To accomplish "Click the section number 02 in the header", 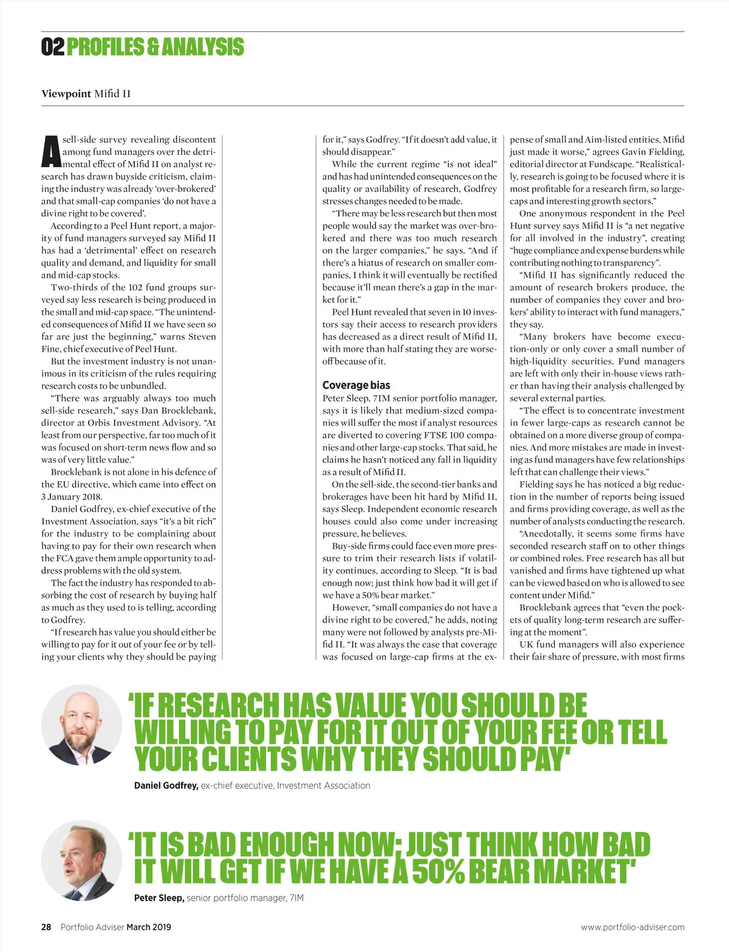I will [x=52, y=47].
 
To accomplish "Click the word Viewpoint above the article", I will [x=66, y=94].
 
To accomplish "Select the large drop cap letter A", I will [x=51, y=152].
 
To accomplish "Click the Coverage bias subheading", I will [x=356, y=385].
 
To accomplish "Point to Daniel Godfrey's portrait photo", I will [x=81, y=725].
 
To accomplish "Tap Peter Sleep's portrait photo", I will [x=81, y=860].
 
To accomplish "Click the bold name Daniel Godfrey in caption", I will [x=166, y=786].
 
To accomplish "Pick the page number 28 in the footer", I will [x=46, y=927].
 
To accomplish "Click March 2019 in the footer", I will [x=149, y=927].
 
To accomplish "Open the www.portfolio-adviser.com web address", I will [x=632, y=927].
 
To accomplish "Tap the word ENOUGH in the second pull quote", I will [x=286, y=844].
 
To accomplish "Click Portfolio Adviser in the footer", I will [x=92, y=927].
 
